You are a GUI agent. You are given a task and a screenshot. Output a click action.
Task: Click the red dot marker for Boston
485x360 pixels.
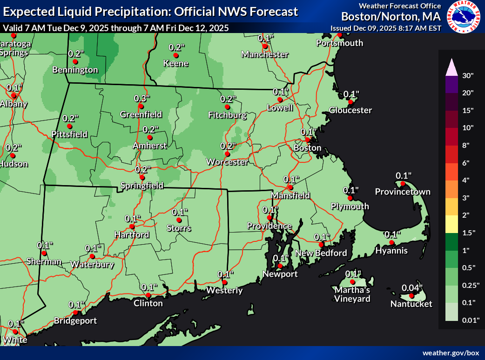[308, 140]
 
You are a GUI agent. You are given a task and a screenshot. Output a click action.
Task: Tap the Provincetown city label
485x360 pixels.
[403, 192]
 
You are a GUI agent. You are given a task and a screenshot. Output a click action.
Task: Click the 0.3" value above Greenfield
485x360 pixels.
[141, 98]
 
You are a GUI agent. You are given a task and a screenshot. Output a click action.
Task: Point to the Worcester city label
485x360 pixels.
[228, 162]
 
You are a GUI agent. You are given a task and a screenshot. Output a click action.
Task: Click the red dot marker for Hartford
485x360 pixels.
[132, 227]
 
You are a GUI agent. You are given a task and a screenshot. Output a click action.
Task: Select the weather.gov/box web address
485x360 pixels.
[451, 353]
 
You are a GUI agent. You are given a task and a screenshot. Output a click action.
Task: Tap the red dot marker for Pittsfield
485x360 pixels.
[69, 126]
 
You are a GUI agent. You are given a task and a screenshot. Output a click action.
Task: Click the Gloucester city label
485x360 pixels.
[350, 110]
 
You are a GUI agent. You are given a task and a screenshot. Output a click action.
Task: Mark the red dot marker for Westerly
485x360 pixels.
[225, 282]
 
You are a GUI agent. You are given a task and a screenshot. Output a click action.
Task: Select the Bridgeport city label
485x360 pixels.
[75, 320]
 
